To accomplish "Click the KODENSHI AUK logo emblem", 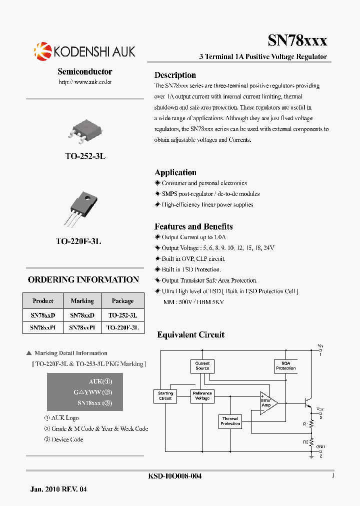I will (42, 51).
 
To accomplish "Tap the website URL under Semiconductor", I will (85, 81).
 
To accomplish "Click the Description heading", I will (175, 75).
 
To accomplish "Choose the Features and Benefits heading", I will (193, 226).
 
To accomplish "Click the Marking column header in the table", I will (82, 301).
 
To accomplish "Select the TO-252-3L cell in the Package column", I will (122, 315).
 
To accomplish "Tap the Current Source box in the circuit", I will (202, 366).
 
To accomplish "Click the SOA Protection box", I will (285, 366).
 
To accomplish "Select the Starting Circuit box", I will (165, 396).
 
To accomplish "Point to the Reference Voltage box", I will (202, 396).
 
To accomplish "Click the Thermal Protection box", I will (230, 421).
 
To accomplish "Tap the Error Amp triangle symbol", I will (267, 401).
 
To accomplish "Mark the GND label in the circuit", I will (320, 446).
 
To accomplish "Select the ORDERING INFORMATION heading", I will (83, 279).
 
